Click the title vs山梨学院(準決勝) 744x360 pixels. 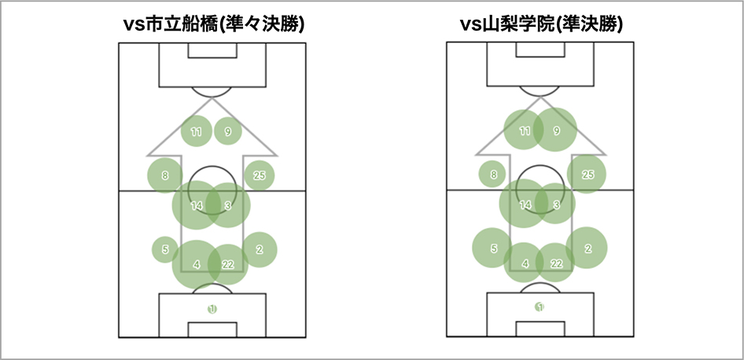(542, 24)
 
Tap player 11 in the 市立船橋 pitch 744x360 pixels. (197, 131)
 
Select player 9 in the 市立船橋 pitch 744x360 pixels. (228, 131)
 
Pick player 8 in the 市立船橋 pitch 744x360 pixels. (165, 175)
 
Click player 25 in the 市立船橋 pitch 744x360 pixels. (259, 175)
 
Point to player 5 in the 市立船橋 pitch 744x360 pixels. (165, 250)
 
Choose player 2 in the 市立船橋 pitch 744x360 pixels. (259, 250)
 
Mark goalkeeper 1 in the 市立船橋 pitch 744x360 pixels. (212, 309)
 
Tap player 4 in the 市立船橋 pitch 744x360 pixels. (197, 264)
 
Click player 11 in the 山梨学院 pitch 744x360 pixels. (525, 131)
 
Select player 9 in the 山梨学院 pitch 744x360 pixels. (556, 131)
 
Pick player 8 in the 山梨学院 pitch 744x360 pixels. (493, 174)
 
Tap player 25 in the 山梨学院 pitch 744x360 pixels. (587, 174)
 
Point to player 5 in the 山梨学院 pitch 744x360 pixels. (493, 249)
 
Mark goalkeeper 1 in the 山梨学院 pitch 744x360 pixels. (540, 307)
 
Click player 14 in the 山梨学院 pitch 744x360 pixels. (525, 204)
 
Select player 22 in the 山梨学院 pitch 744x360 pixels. (556, 264)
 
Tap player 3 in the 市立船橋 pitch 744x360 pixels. (228, 205)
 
